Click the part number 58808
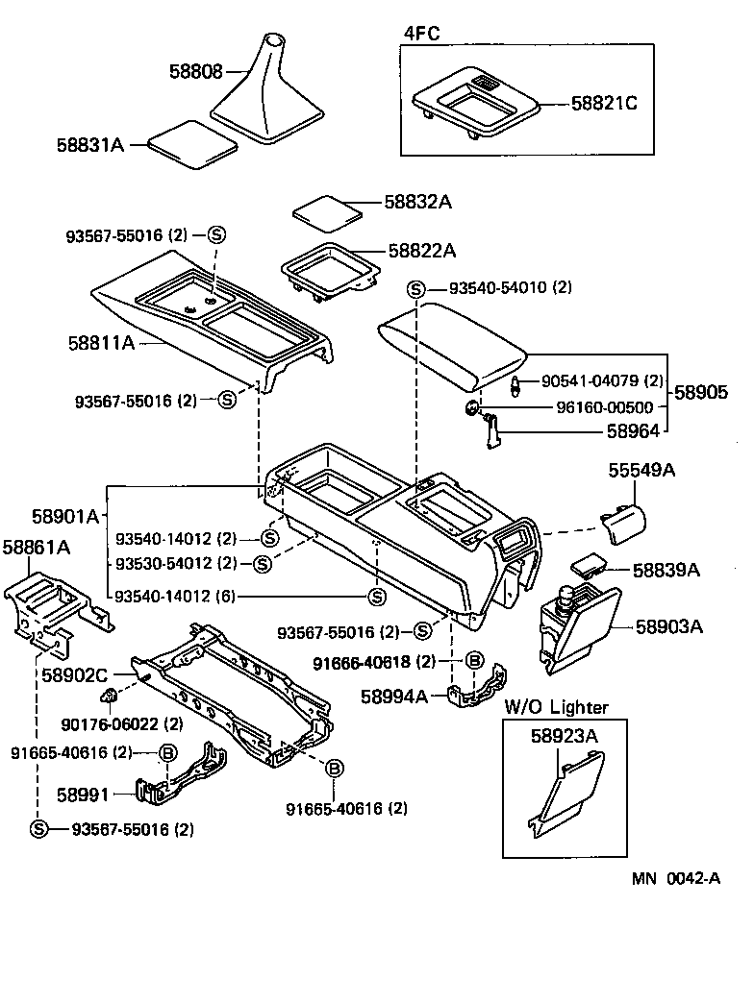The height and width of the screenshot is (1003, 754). pyautogui.click(x=196, y=72)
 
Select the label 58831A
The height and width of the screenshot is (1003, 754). pyautogui.click(x=90, y=144)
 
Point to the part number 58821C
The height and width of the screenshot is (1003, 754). pyautogui.click(x=604, y=102)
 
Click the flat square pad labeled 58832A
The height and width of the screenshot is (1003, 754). pyautogui.click(x=326, y=210)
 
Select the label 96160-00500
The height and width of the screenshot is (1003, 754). pyautogui.click(x=605, y=407)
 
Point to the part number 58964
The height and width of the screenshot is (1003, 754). pyautogui.click(x=633, y=432)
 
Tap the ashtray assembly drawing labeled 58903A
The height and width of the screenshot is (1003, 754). pyautogui.click(x=575, y=630)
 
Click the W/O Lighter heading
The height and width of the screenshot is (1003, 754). pyautogui.click(x=557, y=707)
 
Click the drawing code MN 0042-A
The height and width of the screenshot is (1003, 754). pyautogui.click(x=676, y=878)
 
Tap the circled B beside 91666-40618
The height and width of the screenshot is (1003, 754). pyautogui.click(x=474, y=661)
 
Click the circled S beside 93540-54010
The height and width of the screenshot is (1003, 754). pyautogui.click(x=415, y=288)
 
